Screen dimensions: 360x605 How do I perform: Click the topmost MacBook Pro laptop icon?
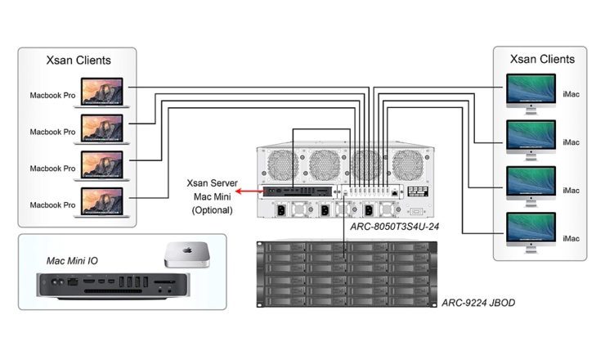click(x=102, y=92)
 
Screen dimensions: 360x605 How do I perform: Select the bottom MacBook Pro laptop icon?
click(x=102, y=201)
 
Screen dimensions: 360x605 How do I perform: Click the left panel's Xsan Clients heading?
click(x=78, y=61)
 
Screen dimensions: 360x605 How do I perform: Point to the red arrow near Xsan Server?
click(x=243, y=192)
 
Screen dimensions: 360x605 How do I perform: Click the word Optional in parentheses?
click(x=213, y=210)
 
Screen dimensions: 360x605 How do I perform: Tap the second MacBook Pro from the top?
click(x=102, y=128)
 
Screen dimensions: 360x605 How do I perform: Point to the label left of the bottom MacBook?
click(x=52, y=204)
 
